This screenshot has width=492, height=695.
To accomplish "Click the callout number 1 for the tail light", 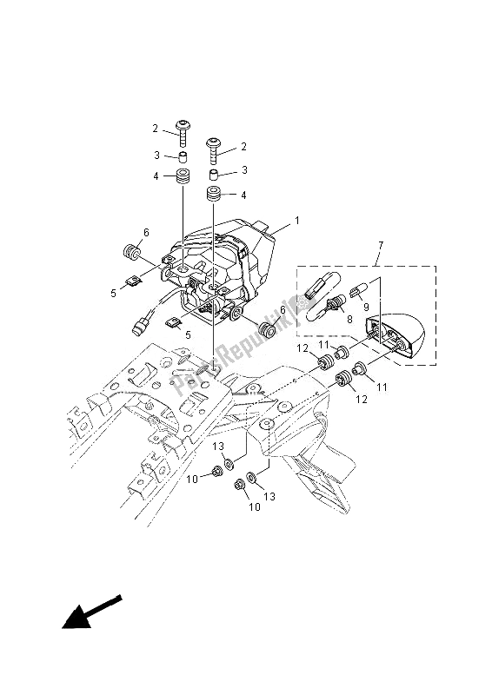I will coord(296,221).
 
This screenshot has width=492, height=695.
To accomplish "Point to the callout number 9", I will coord(365,307).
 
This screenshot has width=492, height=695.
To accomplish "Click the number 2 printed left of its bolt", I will coord(156,129).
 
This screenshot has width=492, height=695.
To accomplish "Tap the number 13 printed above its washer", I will coord(220,446).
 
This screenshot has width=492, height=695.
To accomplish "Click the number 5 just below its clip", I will coord(188,334).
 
